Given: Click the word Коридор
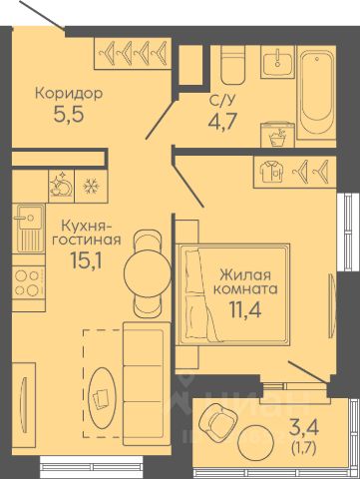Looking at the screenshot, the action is [69, 94].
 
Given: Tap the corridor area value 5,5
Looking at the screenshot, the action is [68, 115].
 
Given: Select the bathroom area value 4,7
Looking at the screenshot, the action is [222, 122].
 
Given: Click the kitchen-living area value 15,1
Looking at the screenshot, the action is [86, 260].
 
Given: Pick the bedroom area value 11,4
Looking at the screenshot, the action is [245, 309].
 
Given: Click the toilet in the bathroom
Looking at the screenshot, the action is [232, 65].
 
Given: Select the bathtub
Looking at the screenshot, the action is [316, 92].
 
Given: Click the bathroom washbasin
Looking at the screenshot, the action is [278, 62].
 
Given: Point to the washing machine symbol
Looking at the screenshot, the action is [277, 135].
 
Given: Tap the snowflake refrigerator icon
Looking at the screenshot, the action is [90, 186].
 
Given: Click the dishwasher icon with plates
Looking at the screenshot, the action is [61, 186].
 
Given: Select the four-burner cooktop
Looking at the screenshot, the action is [28, 282].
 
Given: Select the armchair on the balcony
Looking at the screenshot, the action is [217, 420].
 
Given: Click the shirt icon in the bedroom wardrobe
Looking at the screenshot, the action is [272, 172].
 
